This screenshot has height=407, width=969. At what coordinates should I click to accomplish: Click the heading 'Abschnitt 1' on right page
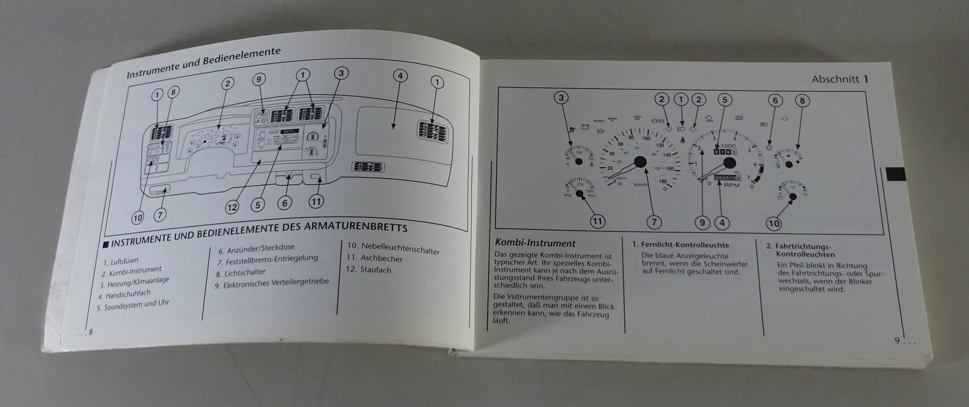point(841,79)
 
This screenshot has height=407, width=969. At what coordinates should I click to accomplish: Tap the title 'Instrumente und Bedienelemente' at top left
point(203,62)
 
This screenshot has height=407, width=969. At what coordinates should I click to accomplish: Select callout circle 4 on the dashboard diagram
point(400,76)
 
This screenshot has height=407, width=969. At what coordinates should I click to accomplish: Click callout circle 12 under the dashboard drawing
point(232,207)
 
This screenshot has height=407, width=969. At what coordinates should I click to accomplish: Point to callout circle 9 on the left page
point(259,79)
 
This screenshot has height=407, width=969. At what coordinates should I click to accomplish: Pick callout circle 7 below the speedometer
point(653,222)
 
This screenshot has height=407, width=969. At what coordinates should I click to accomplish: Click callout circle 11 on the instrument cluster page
point(597,221)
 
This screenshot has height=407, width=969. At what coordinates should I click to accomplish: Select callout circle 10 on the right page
point(773,223)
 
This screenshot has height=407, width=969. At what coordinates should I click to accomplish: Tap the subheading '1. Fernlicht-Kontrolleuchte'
point(680,245)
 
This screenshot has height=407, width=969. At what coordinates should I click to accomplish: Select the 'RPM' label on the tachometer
point(732,185)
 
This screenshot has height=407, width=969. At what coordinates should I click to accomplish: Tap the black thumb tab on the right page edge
point(896,174)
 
